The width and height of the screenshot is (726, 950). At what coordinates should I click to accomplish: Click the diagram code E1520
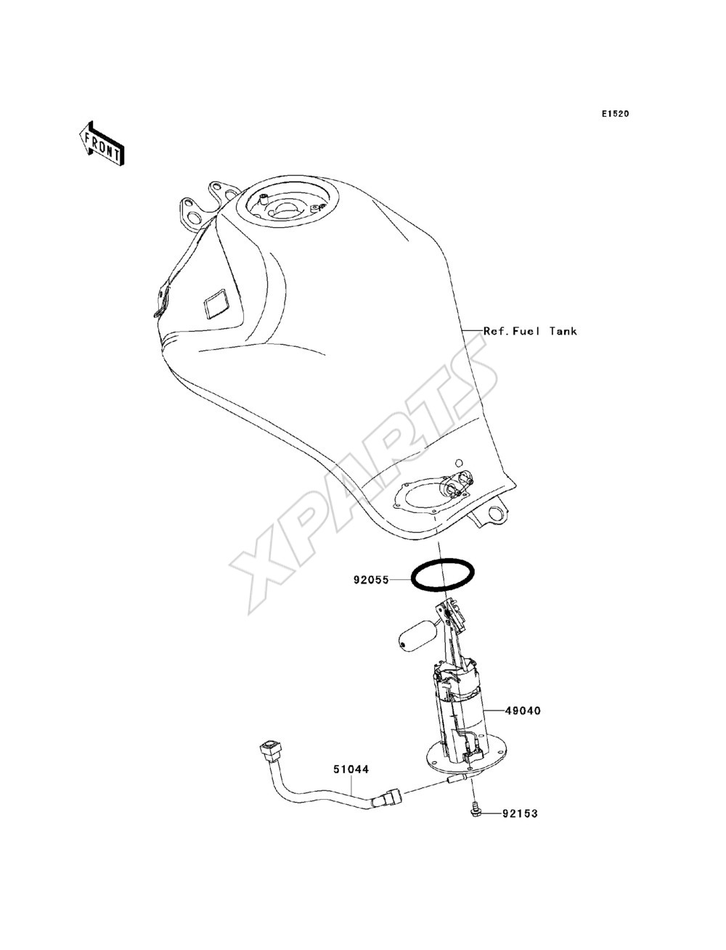[615, 114]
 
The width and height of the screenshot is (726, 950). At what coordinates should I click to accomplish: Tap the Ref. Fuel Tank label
[530, 331]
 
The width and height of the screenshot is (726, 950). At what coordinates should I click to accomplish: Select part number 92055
[371, 579]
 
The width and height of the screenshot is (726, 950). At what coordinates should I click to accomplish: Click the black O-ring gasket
[442, 561]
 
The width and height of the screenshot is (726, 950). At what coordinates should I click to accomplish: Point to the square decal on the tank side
[216, 304]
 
